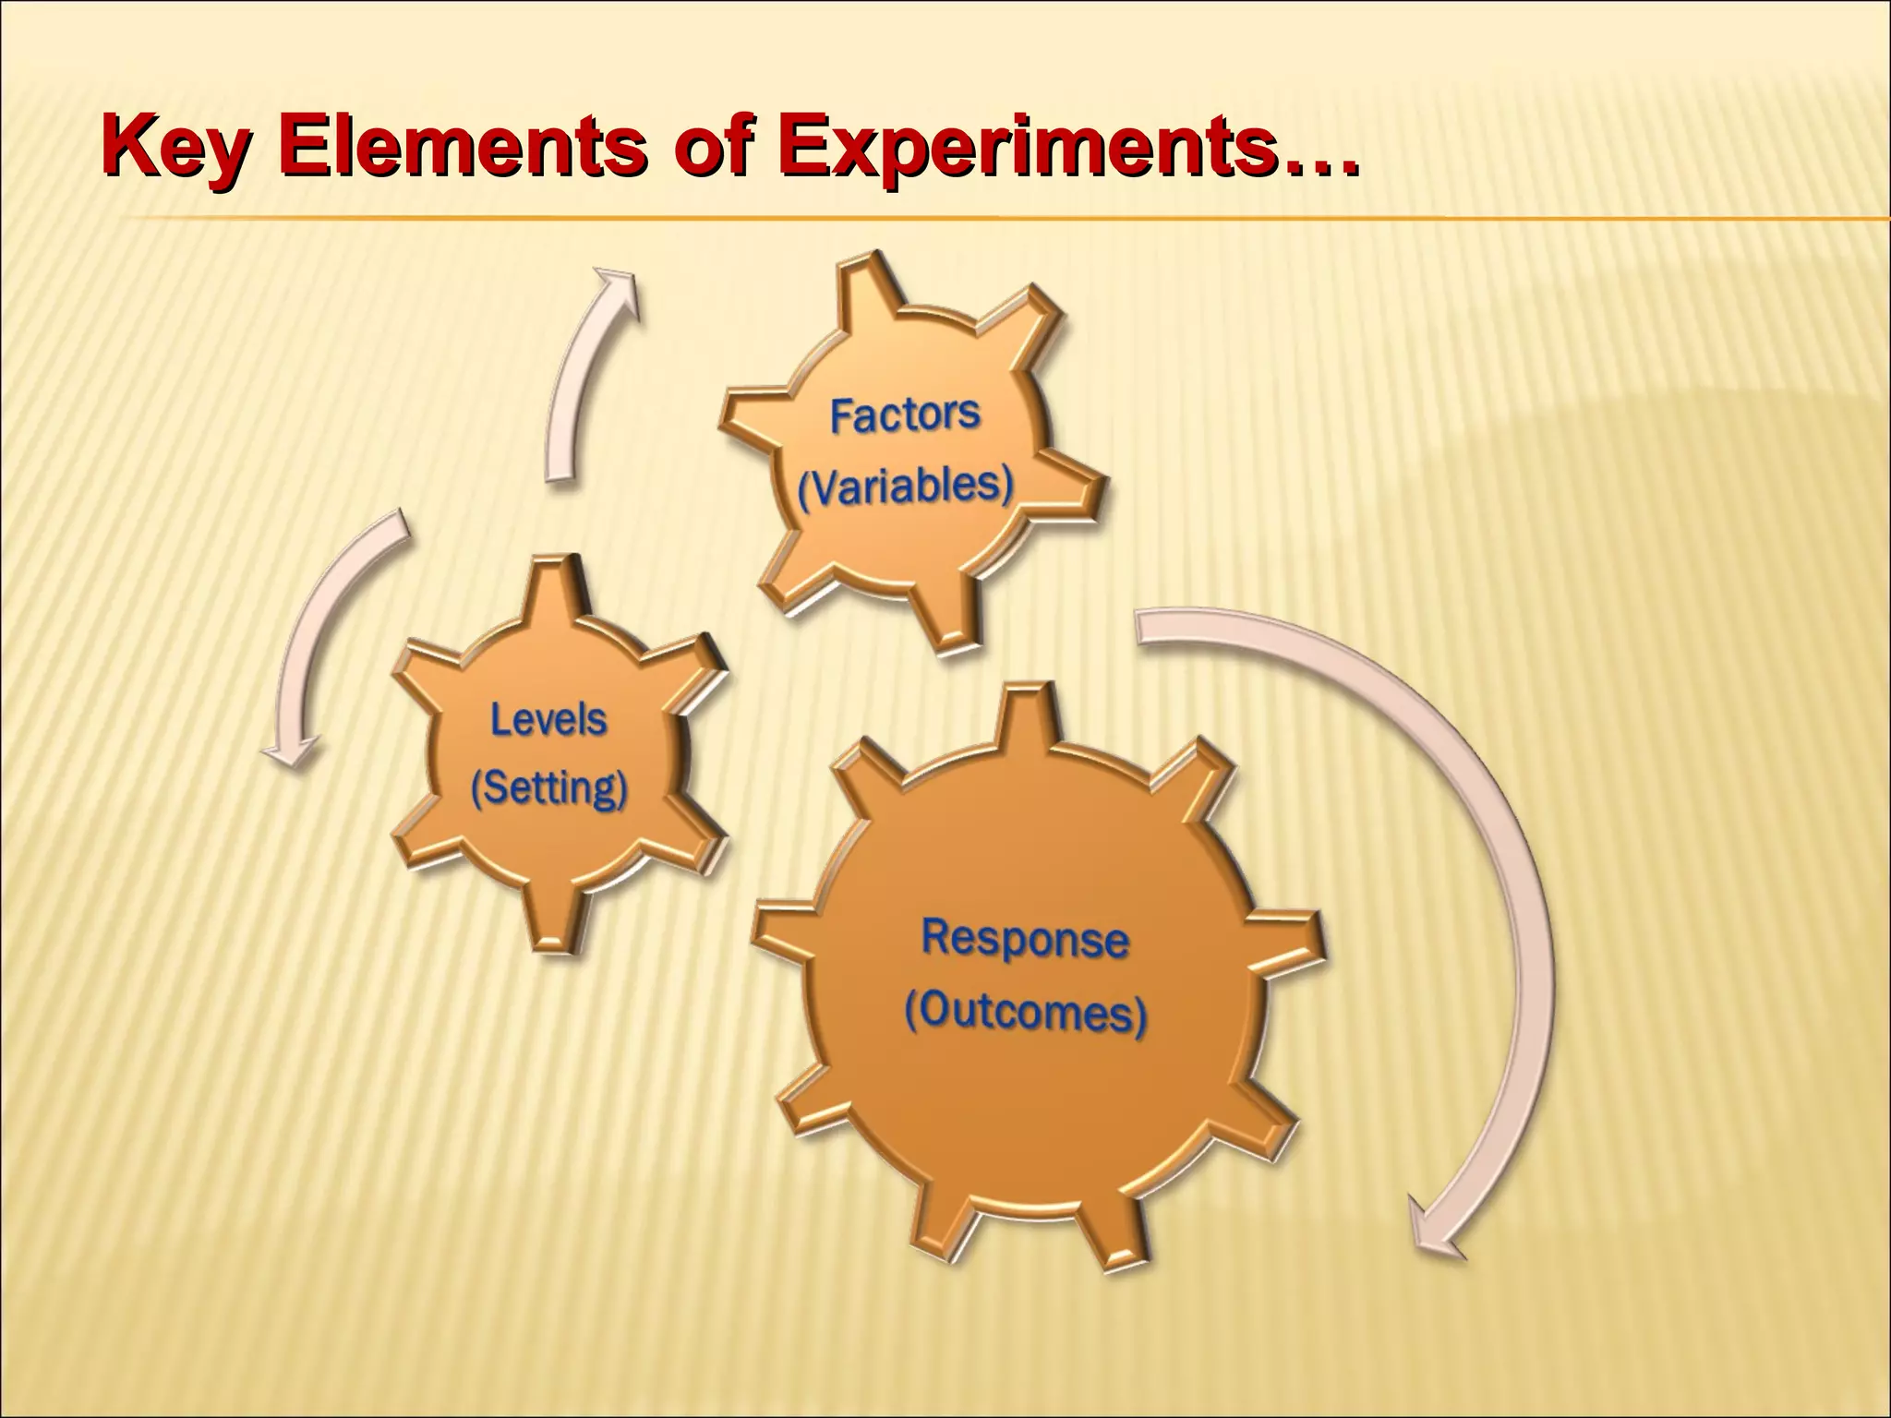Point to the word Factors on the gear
click(x=904, y=415)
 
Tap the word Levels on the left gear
click(x=548, y=719)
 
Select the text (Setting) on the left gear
click(x=548, y=788)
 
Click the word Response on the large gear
click(x=1025, y=938)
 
